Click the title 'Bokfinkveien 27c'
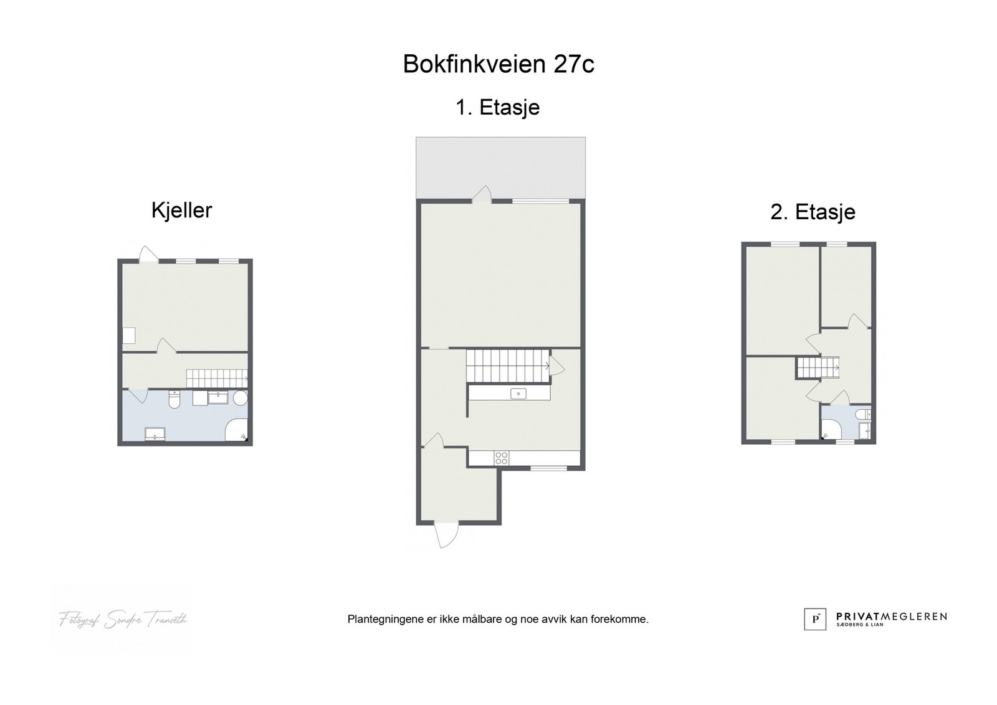(499, 64)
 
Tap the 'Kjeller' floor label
(181, 211)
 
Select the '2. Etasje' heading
(813, 212)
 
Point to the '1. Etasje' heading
(497, 108)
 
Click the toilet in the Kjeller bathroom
(174, 400)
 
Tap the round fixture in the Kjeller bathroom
(241, 398)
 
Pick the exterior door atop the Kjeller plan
(148, 254)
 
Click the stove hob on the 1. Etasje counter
(502, 458)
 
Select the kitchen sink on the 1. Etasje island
(518, 394)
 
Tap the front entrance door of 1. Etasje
(446, 536)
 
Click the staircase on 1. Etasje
(507, 366)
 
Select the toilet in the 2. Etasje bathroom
(862, 414)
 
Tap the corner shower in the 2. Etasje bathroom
(831, 429)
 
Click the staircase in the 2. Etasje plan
(817, 367)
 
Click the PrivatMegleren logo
(875, 618)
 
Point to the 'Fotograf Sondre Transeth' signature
(123, 619)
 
